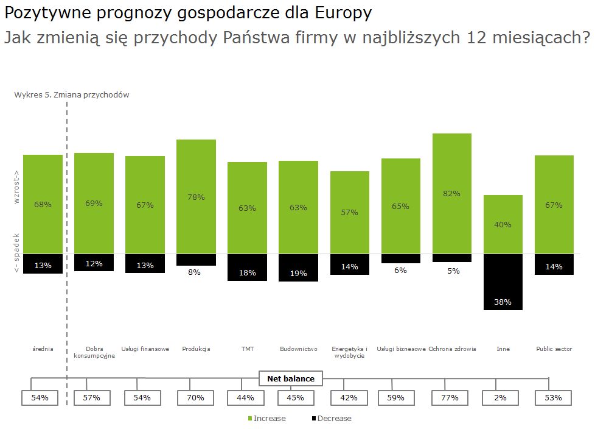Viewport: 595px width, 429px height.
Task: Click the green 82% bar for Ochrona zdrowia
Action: pos(452,193)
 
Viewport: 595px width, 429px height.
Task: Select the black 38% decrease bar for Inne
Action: pos(503,282)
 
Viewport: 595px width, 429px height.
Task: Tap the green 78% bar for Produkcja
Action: pos(196,196)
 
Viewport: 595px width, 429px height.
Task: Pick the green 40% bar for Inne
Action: pos(503,224)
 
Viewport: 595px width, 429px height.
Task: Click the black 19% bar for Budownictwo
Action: pos(298,268)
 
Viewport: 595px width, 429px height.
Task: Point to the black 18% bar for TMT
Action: pos(247,268)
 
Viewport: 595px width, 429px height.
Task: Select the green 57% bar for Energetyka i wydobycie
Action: pos(350,212)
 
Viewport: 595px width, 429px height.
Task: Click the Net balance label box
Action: pos(291,378)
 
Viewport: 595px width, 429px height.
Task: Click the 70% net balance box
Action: pos(195,398)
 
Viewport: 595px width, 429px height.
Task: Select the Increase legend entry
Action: pos(266,419)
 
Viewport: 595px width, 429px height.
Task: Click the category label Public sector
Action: pos(554,349)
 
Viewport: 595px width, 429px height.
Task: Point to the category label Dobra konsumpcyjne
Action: pos(94,352)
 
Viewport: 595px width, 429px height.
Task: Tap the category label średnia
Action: pos(43,349)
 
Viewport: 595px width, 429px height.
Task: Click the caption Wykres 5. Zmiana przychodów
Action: pos(72,95)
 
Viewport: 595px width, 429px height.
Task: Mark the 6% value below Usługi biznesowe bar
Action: pos(400,270)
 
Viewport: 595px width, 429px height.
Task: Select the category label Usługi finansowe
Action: pos(145,349)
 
